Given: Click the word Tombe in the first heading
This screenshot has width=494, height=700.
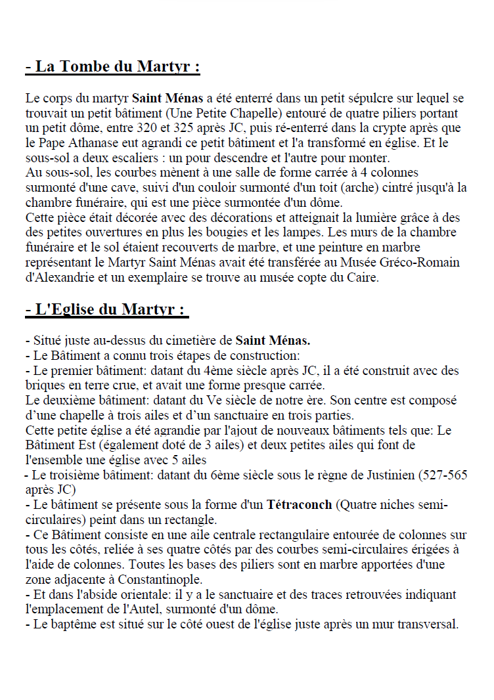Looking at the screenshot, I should click(85, 67).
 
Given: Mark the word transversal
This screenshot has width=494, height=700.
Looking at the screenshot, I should click(426, 624).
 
